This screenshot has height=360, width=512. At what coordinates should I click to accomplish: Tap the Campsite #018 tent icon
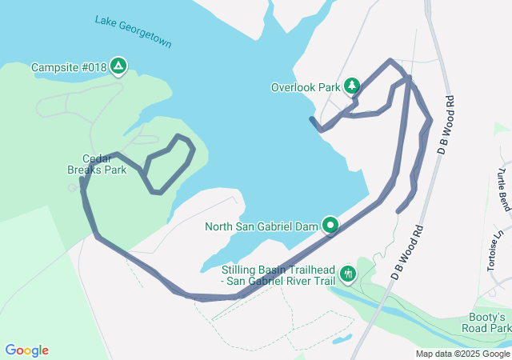[x=118, y=66]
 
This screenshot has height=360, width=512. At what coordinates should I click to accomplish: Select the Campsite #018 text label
[x=67, y=67]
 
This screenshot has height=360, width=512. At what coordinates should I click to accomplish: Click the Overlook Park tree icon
[x=352, y=86]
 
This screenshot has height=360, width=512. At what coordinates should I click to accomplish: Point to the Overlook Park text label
[x=306, y=87]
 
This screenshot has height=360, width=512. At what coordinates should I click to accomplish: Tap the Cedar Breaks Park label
[x=104, y=164]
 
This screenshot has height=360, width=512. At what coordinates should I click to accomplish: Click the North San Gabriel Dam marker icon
[x=331, y=226]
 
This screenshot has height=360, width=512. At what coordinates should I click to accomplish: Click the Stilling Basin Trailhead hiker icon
[x=347, y=274]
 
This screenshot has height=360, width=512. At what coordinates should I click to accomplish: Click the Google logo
[x=26, y=350]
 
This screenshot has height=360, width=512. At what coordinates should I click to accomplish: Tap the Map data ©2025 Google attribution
[x=462, y=354]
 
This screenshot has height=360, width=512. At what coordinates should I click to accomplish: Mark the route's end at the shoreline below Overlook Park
[x=310, y=118]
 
